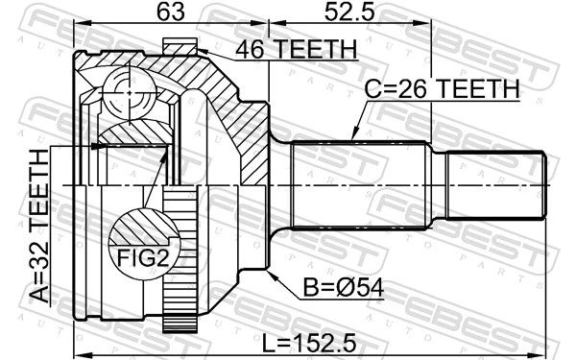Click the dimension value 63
[171, 12]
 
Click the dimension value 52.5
[349, 12]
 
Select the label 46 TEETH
[296, 49]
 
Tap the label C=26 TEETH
[442, 88]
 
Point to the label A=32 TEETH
[39, 226]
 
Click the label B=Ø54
[344, 287]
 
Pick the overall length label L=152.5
[309, 342]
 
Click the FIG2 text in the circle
[143, 258]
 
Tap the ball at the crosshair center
[130, 92]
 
